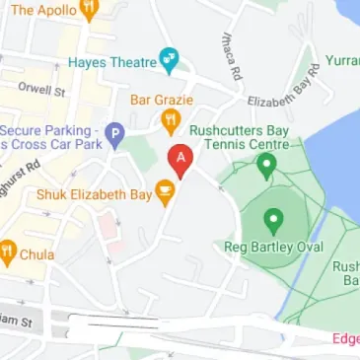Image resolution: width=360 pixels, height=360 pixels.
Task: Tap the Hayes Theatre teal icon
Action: click(x=170, y=60)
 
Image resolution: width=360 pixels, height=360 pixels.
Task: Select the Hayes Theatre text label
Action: click(x=112, y=62)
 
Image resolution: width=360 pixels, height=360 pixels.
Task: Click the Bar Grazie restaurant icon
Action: click(x=170, y=121)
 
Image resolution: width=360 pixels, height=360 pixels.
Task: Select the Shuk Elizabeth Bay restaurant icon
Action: click(x=165, y=194)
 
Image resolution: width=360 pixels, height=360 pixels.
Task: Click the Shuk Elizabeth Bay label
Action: click(x=94, y=194)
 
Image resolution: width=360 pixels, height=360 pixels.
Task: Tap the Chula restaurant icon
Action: click(x=8, y=252)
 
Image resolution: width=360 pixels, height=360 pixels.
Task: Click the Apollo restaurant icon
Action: click(x=90, y=11)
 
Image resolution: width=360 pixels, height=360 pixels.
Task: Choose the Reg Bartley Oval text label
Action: click(x=273, y=246)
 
